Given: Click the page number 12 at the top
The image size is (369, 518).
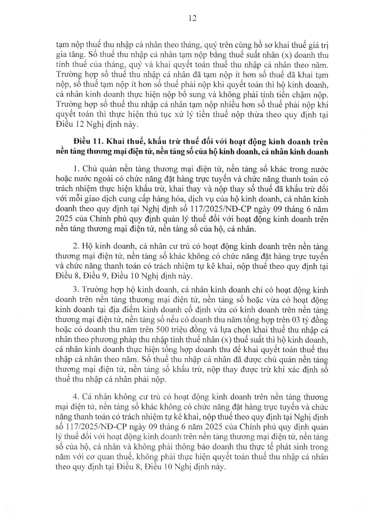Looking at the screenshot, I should pyautogui.click(x=192, y=18).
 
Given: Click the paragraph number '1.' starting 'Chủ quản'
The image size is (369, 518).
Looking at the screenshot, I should pyautogui.click(x=76, y=169).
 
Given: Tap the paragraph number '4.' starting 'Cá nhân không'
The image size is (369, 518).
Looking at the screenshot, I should pyautogui.click(x=76, y=397).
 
